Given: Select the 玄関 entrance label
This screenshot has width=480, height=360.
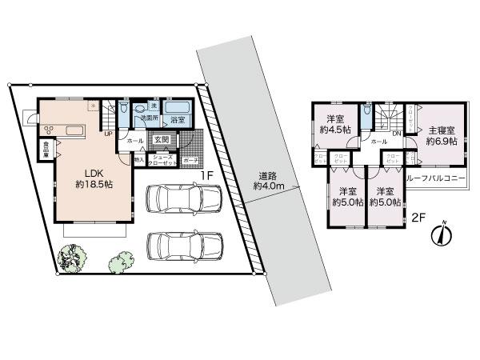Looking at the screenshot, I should click(x=161, y=140).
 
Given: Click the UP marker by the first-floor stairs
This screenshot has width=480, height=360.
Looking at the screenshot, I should click(x=107, y=134).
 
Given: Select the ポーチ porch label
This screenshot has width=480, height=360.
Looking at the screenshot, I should click(x=191, y=160).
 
